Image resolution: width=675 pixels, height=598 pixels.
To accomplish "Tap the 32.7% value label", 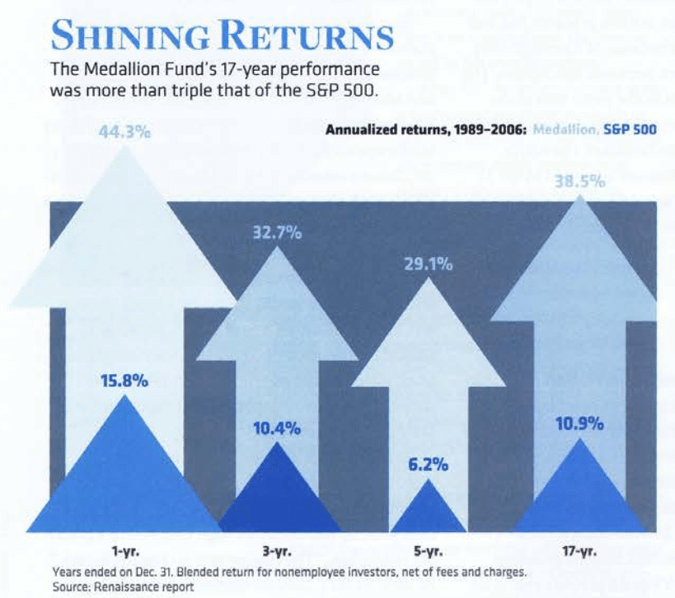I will (277, 233).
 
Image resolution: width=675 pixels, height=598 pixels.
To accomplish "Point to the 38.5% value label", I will (579, 181).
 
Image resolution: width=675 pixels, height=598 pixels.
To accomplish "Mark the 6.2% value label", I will (429, 465).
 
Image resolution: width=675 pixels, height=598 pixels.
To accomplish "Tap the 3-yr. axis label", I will (278, 551).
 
